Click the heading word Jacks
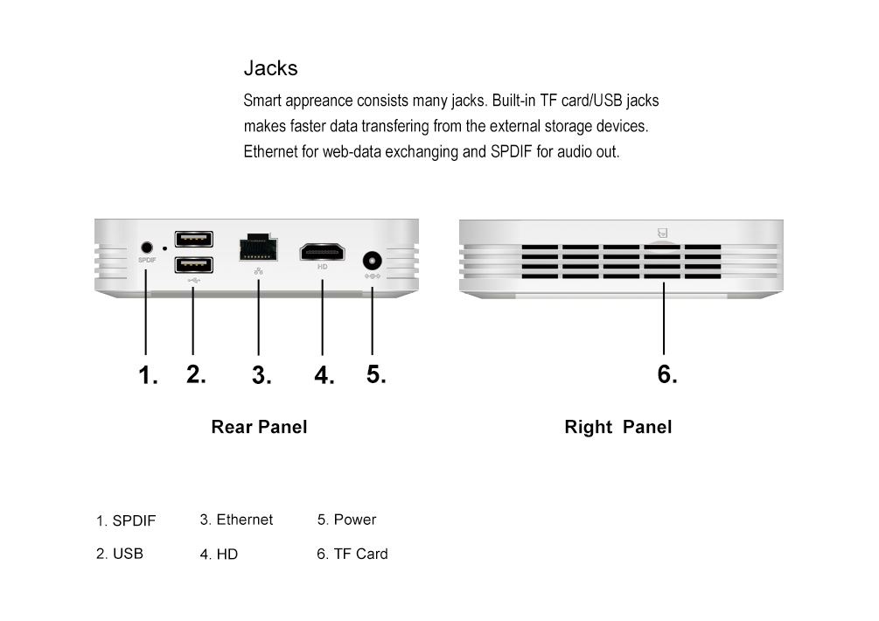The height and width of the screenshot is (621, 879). (270, 68)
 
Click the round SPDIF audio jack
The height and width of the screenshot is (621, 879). (146, 248)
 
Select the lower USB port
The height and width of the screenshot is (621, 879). (193, 265)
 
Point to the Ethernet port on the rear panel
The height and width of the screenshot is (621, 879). (258, 248)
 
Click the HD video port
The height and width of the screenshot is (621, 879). (322, 252)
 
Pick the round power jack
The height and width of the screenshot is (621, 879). (373, 261)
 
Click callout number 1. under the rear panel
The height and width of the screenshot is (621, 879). (149, 377)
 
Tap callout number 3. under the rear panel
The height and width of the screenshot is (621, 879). (262, 376)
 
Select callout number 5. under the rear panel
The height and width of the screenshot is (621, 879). (376, 374)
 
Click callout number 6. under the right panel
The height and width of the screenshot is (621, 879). (667, 374)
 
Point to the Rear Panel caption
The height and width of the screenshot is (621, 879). (259, 428)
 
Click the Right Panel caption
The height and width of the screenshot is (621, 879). (618, 428)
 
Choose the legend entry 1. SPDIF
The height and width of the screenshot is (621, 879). (126, 521)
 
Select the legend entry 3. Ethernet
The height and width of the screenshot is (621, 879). (236, 520)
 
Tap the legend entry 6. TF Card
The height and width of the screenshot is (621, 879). (352, 554)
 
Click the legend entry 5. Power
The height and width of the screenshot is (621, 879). (346, 520)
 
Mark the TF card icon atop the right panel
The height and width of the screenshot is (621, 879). (663, 234)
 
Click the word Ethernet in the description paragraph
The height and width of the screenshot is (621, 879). (270, 151)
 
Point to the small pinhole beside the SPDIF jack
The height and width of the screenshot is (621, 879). (165, 249)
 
